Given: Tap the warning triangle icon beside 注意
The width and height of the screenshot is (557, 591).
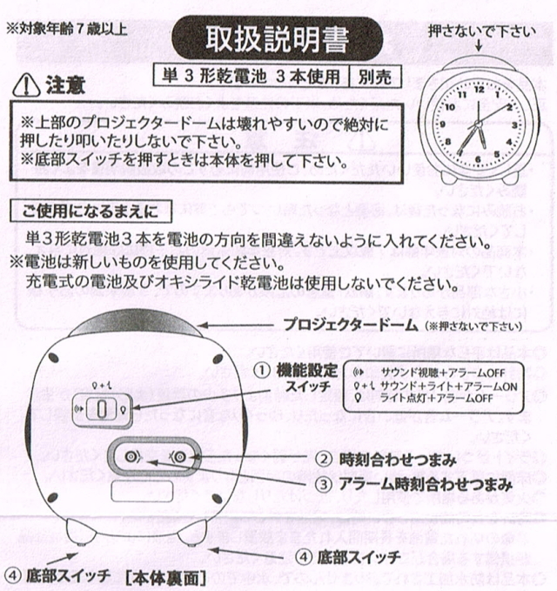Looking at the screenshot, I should pyautogui.click(x=25, y=86).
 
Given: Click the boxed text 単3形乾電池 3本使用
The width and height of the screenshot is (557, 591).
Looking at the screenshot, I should pyautogui.click(x=249, y=76).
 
